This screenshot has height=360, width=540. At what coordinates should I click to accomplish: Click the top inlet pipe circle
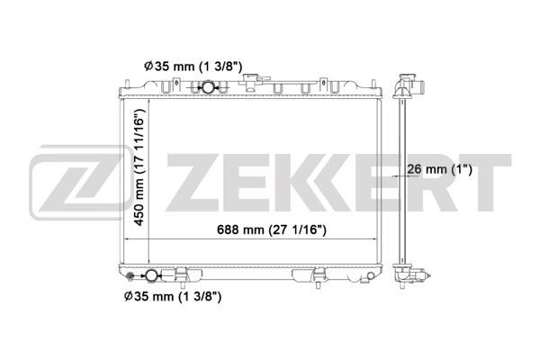tap(208, 86)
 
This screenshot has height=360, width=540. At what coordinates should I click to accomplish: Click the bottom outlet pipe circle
tap(151, 275)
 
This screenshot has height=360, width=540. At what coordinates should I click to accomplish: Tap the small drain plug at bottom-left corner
tap(130, 275)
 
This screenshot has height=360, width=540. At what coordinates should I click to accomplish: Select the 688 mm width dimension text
tap(272, 229)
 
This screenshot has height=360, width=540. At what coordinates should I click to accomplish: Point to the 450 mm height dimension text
tap(139, 167)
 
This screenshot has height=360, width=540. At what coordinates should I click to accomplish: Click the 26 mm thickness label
tap(439, 169)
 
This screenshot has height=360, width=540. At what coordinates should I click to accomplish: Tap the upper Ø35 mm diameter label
tap(193, 66)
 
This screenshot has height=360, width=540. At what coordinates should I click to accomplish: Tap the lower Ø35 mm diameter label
tap(173, 296)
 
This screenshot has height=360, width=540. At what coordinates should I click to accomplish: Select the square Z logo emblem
tap(80, 182)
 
